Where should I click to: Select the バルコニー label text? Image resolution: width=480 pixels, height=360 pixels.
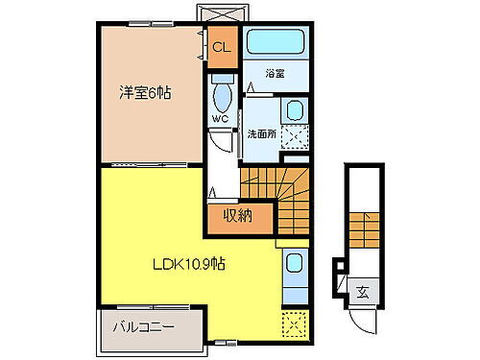(143, 326)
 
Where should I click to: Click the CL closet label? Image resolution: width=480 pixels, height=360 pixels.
(221, 47)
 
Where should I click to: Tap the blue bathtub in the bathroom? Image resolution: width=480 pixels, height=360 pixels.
(275, 42)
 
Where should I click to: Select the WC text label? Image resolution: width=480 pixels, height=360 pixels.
(220, 122)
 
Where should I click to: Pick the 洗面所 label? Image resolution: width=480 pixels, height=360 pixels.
(262, 133)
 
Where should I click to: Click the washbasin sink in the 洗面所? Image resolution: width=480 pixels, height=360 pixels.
(295, 109)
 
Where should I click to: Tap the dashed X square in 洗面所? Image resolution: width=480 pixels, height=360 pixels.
(295, 139)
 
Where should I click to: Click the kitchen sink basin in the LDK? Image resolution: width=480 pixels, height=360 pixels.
(294, 264)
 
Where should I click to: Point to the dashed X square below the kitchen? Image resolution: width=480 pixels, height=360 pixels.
(294, 324)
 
